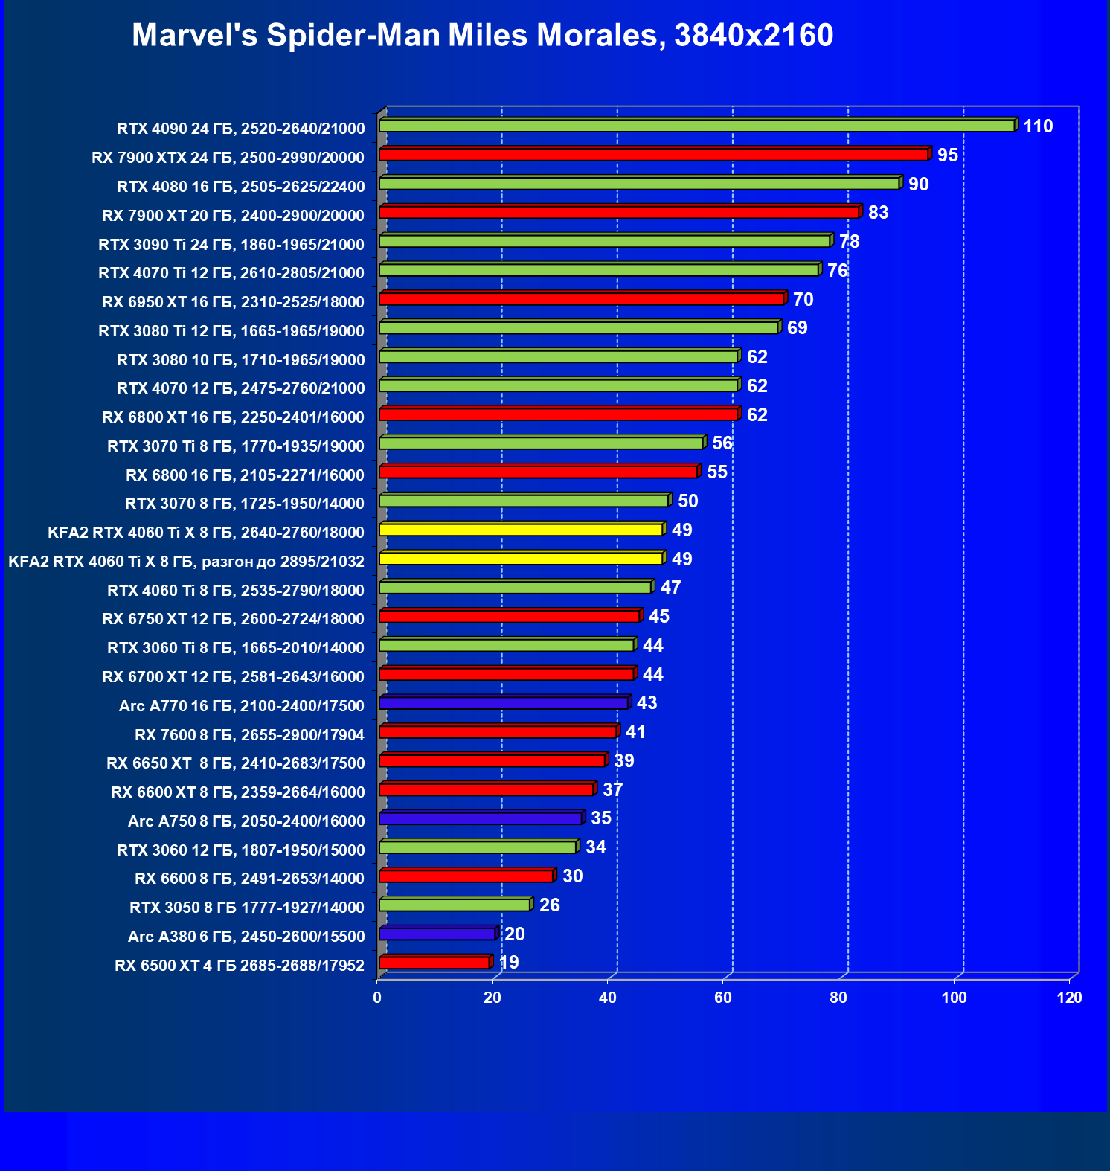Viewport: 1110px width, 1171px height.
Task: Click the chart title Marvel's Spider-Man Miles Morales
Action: (x=482, y=35)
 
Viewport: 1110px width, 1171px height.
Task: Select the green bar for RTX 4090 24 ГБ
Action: (x=696, y=126)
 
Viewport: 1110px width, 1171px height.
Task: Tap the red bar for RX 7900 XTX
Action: (x=653, y=155)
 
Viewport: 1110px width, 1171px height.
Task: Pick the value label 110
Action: (x=1038, y=126)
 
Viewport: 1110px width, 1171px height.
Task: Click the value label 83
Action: (x=878, y=213)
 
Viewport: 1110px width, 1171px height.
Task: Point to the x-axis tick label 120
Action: (x=1069, y=998)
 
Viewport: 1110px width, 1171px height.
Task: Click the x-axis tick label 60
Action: (x=723, y=998)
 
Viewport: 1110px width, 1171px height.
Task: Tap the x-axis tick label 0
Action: (x=377, y=998)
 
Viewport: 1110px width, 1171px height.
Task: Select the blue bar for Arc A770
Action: (x=504, y=703)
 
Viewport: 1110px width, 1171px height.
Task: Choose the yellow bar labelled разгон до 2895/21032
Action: (x=521, y=559)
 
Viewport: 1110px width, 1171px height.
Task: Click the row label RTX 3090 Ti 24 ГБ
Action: (x=231, y=244)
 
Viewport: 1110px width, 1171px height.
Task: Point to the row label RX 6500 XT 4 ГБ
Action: (x=240, y=966)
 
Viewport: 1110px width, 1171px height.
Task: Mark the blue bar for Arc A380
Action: (x=437, y=934)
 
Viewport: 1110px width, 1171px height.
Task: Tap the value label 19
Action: (x=509, y=963)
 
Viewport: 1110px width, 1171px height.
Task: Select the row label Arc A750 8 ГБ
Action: (x=246, y=821)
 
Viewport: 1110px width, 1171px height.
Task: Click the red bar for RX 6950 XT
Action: (x=581, y=299)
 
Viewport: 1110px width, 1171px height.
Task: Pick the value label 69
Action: (x=797, y=328)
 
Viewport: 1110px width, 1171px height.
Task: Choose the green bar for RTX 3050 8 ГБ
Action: (x=455, y=905)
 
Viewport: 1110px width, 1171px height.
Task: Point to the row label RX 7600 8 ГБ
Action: (x=249, y=735)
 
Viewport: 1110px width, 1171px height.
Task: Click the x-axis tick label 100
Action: (x=954, y=998)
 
